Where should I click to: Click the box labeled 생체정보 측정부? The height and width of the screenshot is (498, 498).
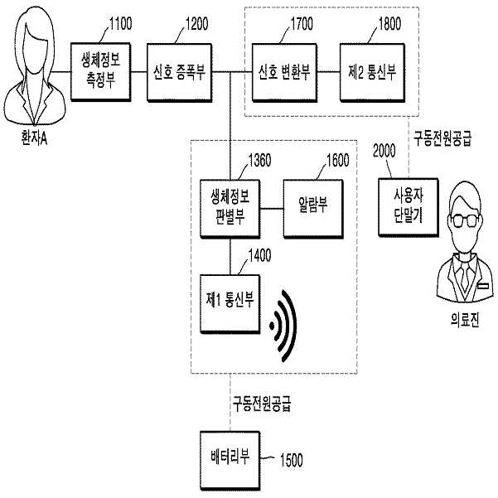101,72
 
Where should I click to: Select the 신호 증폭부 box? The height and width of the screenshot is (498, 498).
180,72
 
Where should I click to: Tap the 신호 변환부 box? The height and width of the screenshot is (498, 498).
284,72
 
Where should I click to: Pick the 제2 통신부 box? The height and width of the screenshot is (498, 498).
373,72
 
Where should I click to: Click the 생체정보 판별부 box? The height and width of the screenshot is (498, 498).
230,209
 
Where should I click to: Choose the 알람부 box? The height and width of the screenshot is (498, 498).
313,209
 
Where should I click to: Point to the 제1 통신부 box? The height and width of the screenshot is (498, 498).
230,303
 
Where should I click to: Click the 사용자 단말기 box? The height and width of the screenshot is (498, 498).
409,207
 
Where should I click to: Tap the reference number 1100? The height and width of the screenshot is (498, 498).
121,24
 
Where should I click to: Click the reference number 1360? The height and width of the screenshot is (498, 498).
260,161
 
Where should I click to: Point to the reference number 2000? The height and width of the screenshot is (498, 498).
384,151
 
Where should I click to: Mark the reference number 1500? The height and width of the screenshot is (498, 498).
291,460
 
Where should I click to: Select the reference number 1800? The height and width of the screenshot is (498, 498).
389,24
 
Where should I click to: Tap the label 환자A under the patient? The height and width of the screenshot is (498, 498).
34,138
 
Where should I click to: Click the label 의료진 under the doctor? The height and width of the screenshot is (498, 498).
465,320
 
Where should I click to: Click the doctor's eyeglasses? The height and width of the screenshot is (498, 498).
465,220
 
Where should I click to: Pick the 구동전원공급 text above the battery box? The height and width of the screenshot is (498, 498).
262,404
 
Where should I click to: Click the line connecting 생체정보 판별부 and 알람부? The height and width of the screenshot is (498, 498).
272,209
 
